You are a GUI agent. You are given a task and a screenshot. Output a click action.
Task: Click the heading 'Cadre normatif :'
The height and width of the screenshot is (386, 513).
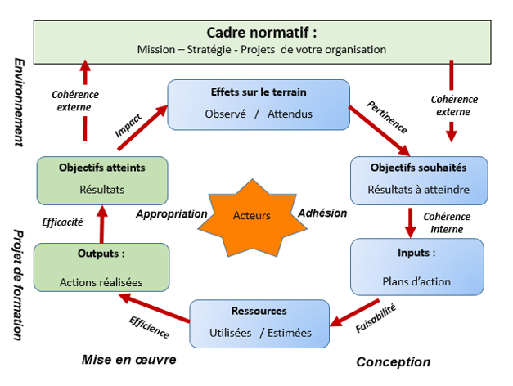(261, 33)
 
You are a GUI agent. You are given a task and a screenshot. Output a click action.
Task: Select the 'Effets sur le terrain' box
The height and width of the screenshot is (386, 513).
(259, 104)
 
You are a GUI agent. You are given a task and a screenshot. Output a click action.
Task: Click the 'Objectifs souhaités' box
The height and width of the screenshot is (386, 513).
(419, 181)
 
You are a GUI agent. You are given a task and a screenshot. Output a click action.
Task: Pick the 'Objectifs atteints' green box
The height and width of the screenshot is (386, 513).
(102, 180)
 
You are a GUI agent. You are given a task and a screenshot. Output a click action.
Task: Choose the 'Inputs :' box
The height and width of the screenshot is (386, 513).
(418, 267)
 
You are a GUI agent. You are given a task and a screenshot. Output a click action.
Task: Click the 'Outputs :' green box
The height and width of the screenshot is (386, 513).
(101, 267)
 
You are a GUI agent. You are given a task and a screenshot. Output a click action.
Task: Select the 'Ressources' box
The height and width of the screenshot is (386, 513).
(259, 322)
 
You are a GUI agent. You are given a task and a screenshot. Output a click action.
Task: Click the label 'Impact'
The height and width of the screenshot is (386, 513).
(128, 123)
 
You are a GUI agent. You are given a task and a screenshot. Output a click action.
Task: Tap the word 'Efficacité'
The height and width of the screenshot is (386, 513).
(63, 222)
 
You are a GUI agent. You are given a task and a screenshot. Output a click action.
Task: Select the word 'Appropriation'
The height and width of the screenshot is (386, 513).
(172, 213)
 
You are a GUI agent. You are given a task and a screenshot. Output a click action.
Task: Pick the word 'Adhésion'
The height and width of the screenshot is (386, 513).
(322, 213)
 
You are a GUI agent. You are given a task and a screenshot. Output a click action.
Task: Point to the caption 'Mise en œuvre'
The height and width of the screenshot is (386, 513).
(128, 359)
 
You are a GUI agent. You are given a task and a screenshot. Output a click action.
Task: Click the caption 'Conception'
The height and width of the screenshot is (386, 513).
(393, 361)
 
